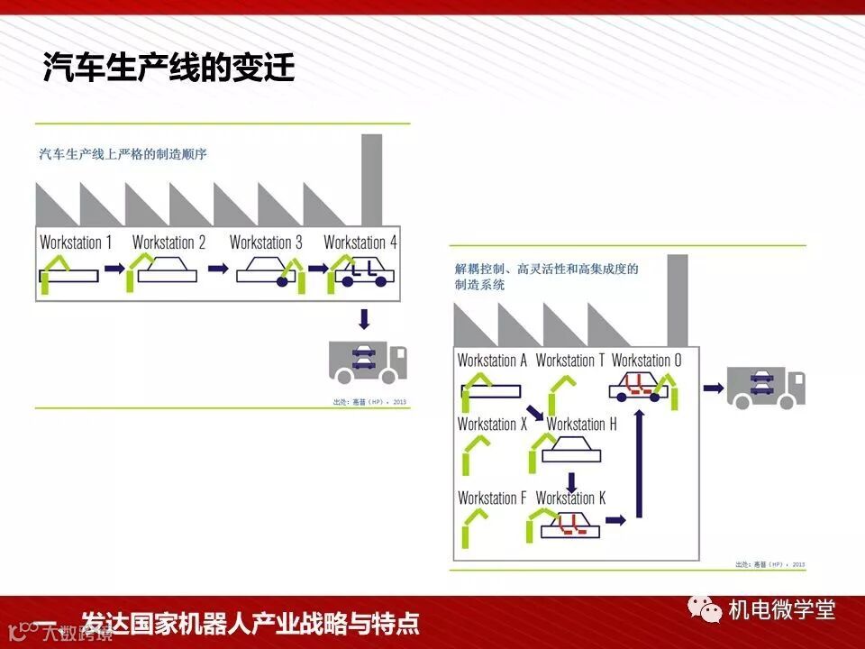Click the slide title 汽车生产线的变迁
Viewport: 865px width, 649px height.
(x=168, y=68)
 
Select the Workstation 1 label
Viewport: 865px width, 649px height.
(x=77, y=242)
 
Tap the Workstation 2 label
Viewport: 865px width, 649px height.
(x=168, y=242)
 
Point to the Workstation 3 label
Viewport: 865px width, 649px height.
(x=266, y=242)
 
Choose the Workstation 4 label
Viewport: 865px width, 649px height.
(x=360, y=242)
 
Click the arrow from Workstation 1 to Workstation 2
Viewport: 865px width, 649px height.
(x=114, y=268)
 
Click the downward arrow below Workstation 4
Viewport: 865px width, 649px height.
(x=364, y=318)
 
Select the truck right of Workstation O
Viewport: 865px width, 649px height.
(x=765, y=388)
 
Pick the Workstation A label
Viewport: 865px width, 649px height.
(x=492, y=361)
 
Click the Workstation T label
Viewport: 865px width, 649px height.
(x=570, y=361)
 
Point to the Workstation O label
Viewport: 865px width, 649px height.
(x=647, y=361)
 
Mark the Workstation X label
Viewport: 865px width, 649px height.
(x=492, y=424)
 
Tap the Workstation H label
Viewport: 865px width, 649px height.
(x=581, y=424)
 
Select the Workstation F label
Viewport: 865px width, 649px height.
(x=492, y=498)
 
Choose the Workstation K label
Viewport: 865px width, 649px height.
(x=570, y=498)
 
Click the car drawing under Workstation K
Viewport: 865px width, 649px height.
(x=569, y=526)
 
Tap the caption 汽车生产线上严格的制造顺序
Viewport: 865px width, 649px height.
(x=123, y=154)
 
